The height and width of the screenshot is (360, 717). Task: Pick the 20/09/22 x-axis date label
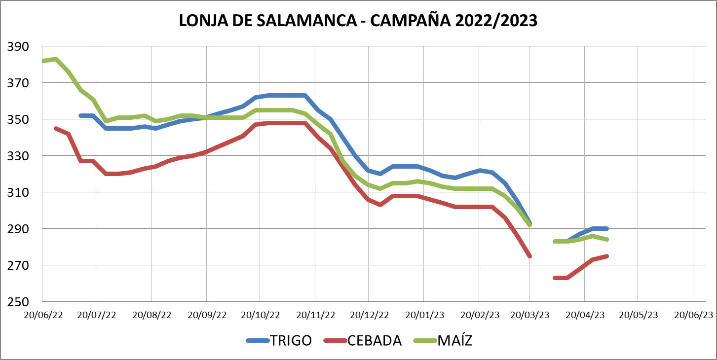tap(207, 315)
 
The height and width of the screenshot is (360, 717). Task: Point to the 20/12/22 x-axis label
tap(369, 315)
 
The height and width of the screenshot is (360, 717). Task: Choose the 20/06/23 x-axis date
tap(694, 315)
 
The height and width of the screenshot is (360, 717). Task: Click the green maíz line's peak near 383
tap(56, 59)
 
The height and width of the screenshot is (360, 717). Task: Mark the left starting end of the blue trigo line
tap(81, 116)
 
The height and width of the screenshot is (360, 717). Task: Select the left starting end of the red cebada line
tap(56, 128)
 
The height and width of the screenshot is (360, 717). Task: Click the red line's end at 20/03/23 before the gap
tap(529, 256)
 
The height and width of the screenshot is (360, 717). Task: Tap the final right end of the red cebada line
tap(606, 256)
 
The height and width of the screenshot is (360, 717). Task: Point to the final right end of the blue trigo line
tap(606, 229)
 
